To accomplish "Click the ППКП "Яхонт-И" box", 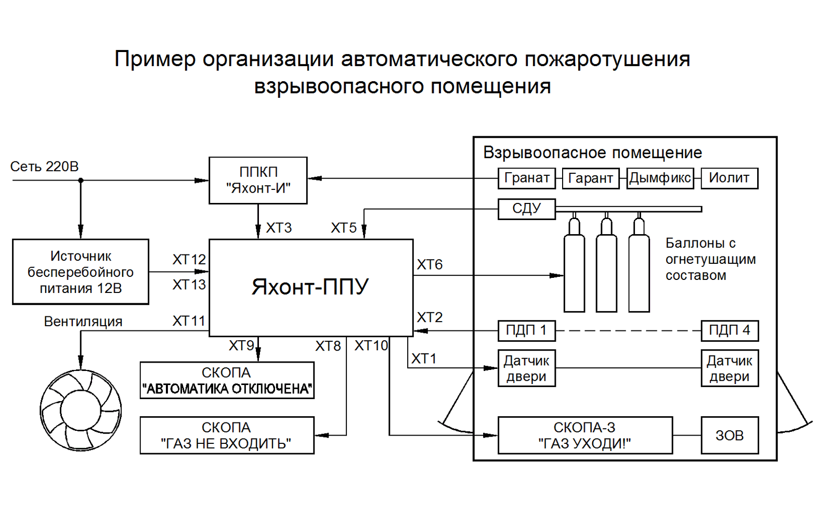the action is click(258, 181).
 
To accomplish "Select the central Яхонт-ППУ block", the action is click(311, 288).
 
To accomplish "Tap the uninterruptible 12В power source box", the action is click(81, 272).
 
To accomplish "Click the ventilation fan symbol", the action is click(81, 410).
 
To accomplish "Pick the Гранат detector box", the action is click(526, 178).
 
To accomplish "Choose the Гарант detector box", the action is click(591, 178).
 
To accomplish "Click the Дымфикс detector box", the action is click(660, 178).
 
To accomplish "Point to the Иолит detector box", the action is click(730, 178).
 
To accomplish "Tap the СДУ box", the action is click(526, 209).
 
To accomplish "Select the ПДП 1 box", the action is click(526, 331).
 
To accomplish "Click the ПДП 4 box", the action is click(730, 331).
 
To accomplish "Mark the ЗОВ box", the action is click(730, 435).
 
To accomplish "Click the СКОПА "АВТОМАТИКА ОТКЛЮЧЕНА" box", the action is click(227, 380).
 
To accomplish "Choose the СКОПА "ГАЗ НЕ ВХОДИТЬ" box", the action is click(227, 435).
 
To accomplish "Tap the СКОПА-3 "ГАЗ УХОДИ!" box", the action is click(585, 435).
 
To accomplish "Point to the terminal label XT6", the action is click(430, 264).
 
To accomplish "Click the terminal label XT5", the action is click(343, 227).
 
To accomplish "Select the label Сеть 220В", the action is click(44, 167).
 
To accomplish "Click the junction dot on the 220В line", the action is click(81, 181).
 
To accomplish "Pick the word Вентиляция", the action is click(83, 322).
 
